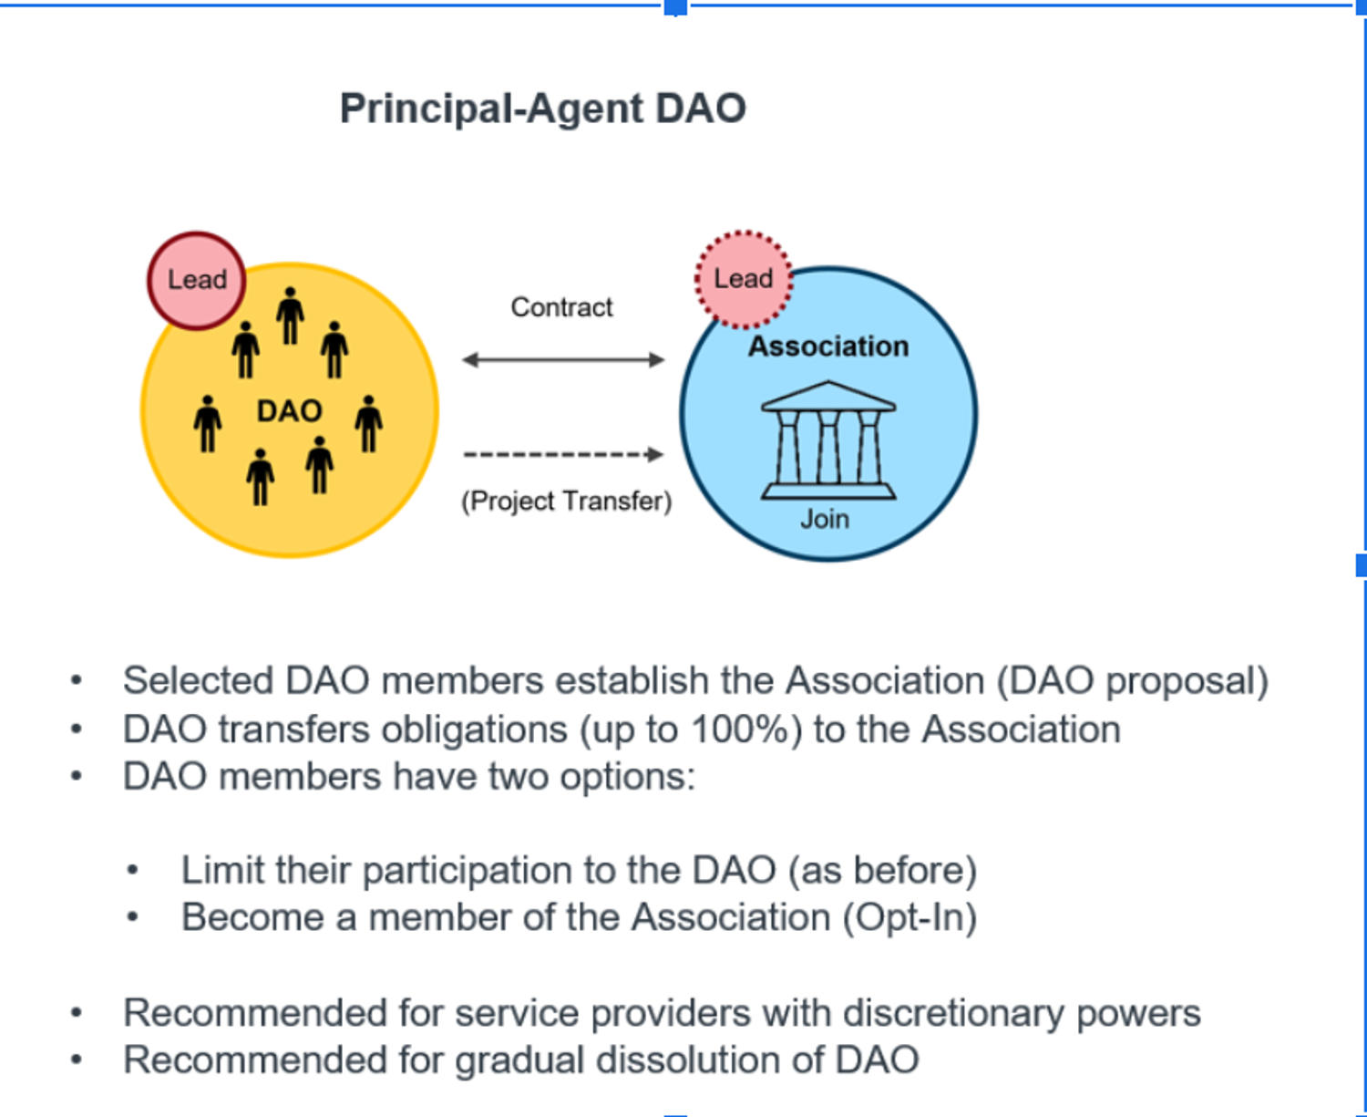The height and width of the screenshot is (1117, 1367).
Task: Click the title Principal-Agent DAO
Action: pos(542,109)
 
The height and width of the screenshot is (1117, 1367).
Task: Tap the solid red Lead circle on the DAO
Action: pos(197,280)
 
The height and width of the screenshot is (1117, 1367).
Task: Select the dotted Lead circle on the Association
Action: pos(744,279)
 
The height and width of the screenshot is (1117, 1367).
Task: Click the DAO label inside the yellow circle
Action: pos(289,411)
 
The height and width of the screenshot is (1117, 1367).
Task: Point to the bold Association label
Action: pos(828,346)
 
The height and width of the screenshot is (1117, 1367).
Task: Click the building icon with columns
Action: pos(828,441)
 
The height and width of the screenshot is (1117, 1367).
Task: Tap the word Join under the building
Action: pos(825,519)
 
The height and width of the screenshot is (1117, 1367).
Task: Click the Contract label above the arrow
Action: pos(561,307)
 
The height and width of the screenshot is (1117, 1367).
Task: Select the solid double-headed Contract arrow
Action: pos(563,360)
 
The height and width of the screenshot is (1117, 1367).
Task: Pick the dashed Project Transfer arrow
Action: pos(563,454)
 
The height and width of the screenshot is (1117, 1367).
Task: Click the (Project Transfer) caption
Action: pos(566,502)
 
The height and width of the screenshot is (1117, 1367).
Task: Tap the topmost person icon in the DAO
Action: pos(291,315)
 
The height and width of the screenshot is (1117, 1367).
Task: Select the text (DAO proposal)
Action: pos(1132,681)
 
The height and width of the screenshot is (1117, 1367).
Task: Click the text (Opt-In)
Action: pos(910,917)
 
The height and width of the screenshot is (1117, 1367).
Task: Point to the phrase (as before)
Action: pos(882,870)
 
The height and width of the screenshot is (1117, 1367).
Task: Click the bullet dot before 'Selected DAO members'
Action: pos(77,680)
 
